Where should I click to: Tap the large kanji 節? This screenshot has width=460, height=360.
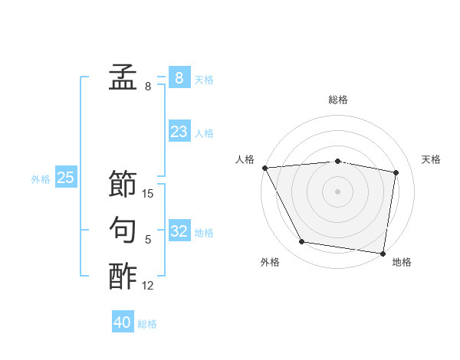123,183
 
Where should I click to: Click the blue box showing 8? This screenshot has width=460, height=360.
179,77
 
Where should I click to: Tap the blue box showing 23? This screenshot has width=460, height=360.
179,132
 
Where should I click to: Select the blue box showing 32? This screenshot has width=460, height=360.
179,231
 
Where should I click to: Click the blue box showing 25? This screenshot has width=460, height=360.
65,178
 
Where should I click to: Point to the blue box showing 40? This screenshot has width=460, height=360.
123,322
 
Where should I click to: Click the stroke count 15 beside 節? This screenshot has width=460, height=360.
148,194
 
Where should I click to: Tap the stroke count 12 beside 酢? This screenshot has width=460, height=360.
148,286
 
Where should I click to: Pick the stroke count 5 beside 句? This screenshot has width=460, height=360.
148,240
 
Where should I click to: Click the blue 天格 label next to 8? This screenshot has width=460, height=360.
204,79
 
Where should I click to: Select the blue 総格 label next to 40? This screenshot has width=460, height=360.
147,324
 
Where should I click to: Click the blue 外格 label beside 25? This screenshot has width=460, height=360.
41,179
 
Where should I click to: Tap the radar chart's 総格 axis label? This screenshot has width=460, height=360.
337,100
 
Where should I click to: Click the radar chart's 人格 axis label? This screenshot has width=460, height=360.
245,159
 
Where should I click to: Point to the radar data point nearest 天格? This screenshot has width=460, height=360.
396,172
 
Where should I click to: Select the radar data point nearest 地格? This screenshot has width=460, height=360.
383,253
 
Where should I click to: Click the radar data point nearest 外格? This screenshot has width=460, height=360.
302,242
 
